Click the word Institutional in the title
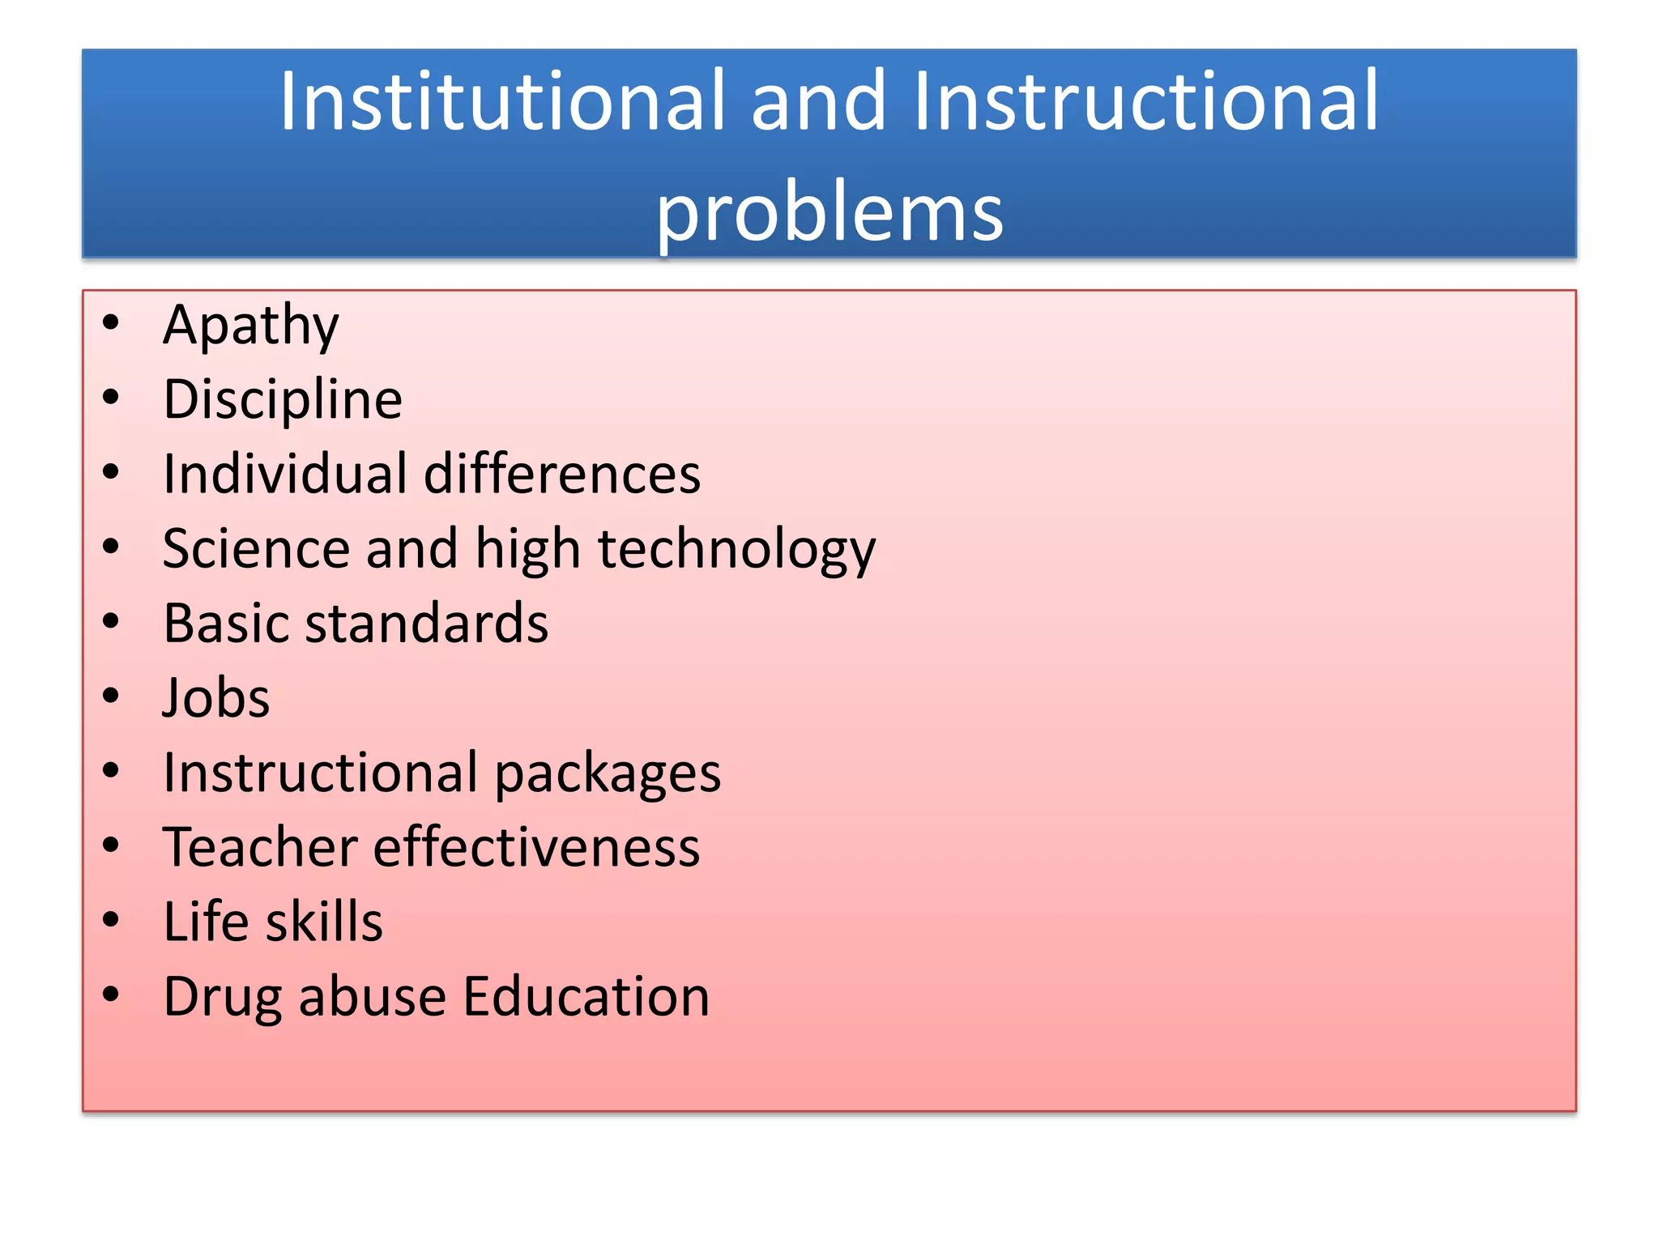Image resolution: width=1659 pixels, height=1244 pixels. [x=501, y=101]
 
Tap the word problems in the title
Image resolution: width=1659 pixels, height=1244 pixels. [x=829, y=212]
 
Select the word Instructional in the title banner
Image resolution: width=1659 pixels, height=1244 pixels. [x=1145, y=101]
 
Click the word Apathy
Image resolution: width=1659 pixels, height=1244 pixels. [x=251, y=326]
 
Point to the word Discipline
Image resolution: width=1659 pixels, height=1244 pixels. [x=283, y=399]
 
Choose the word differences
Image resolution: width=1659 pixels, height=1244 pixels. [x=562, y=474]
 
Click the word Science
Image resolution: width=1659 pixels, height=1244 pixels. [x=256, y=549]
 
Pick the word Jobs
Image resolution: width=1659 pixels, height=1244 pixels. [x=216, y=698]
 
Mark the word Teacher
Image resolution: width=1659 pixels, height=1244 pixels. [x=259, y=847]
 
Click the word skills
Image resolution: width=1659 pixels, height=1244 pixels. [x=324, y=922]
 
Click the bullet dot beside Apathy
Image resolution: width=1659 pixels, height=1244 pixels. [x=111, y=322]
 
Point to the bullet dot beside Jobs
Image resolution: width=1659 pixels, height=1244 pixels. [x=111, y=696]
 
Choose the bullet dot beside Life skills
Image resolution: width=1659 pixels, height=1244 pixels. [x=111, y=919]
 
